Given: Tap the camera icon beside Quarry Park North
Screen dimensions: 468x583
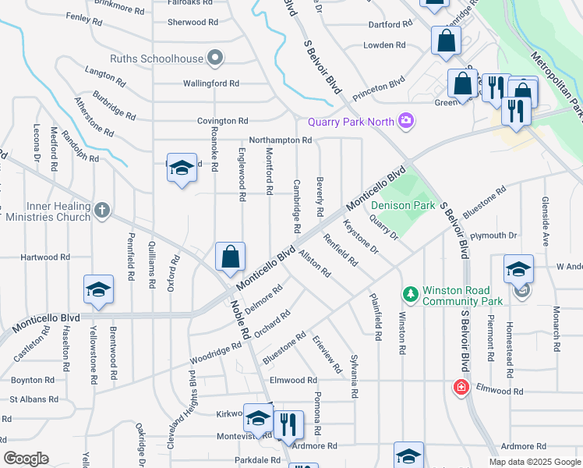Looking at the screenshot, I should coord(405,120).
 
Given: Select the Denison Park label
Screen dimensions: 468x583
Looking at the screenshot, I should coord(401,205).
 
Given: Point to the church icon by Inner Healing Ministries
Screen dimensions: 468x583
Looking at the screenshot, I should coord(102,210).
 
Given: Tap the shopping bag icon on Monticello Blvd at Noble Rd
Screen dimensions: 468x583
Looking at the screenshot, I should coord(231,257).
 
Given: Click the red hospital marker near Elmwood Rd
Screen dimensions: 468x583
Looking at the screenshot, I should coord(461,387).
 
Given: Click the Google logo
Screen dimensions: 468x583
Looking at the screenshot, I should coord(26,459).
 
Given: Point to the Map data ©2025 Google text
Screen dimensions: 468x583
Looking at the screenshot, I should coord(535,462).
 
